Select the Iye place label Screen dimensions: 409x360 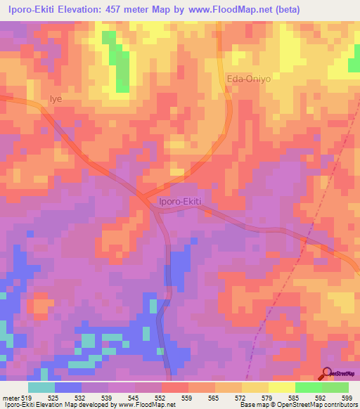[x=56, y=99]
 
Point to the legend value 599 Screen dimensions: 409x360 [x=346, y=398]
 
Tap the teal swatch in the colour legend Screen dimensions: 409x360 [x=41, y=387]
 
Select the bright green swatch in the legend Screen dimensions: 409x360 [x=309, y=387]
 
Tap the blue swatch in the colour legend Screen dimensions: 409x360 [x=68, y=387]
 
